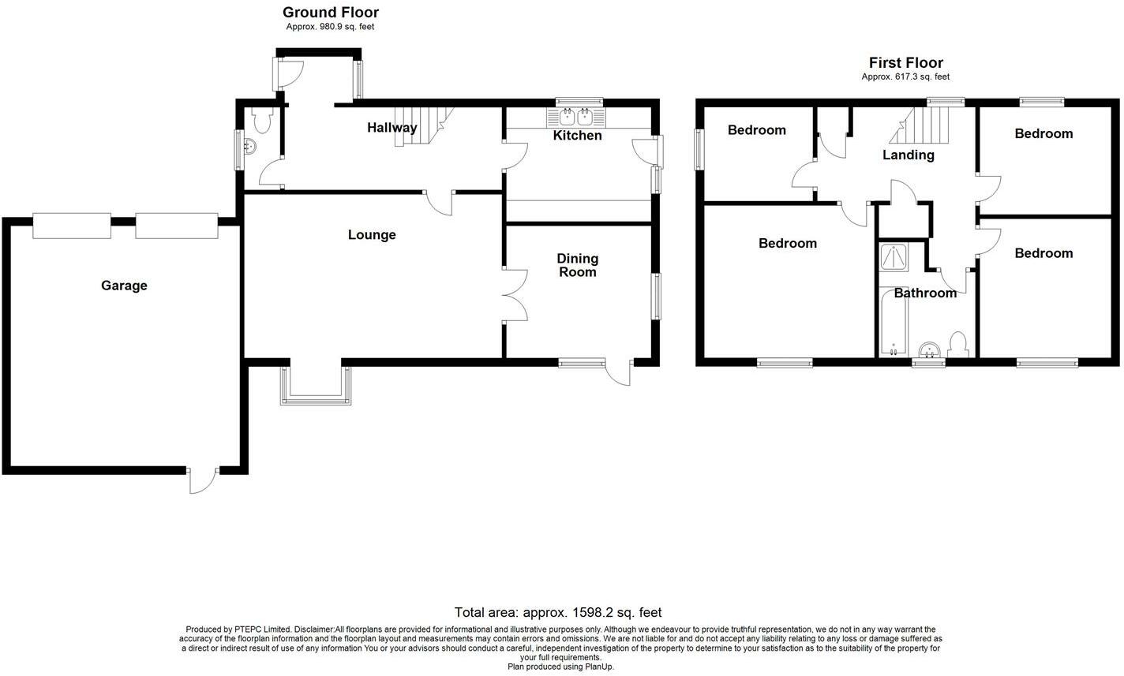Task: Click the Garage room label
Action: point(124,286)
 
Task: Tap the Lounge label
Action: point(372,235)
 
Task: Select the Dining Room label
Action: point(578,265)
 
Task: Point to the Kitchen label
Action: point(577,136)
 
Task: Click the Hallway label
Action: point(392,128)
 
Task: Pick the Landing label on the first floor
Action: point(908,155)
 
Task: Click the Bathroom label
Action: point(925,293)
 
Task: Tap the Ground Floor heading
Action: point(330,13)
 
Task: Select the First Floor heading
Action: point(905,63)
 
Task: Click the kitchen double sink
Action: point(576,118)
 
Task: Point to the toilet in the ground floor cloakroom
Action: point(262,119)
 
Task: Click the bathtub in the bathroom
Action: point(893,324)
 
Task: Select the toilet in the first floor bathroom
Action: point(958,345)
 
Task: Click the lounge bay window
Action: point(315,387)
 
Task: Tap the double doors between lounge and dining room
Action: point(514,295)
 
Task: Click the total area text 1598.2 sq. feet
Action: point(557,612)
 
